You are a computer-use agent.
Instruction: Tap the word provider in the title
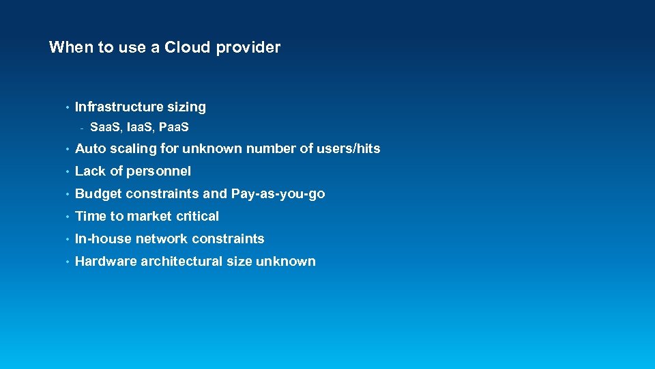249,48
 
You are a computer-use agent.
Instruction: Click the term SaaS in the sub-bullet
104,128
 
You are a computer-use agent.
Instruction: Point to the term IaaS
140,128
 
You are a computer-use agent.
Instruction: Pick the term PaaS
174,128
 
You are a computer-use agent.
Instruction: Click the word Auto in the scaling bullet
89,148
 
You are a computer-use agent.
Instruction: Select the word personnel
159,171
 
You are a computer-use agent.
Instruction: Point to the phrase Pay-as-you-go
278,193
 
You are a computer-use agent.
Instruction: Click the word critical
198,216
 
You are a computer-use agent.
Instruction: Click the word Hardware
106,261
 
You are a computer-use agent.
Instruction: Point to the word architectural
181,261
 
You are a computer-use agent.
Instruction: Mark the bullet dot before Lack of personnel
67,172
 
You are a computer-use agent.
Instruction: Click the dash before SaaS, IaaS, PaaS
81,128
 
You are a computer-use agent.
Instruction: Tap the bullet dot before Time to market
67,217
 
